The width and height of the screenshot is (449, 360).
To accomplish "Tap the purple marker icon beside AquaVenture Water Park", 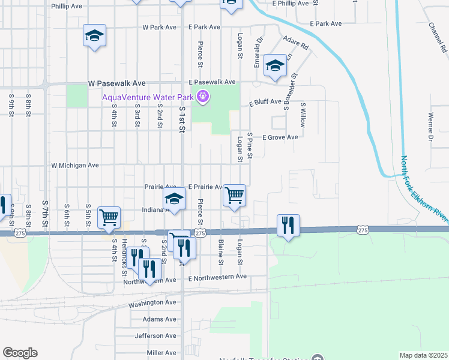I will pyautogui.click(x=203, y=96).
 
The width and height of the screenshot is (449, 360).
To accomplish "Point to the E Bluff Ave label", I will pyautogui.click(x=265, y=102).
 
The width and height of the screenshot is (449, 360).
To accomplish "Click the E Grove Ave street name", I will pyautogui.click(x=280, y=137).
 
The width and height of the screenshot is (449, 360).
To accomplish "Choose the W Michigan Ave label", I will pyautogui.click(x=74, y=165).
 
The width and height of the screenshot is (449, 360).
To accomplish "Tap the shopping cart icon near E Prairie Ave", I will pyautogui.click(x=235, y=194).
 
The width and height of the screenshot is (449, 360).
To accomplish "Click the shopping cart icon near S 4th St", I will pyautogui.click(x=109, y=217).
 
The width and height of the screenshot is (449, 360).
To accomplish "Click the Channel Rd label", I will pyautogui.click(x=435, y=37).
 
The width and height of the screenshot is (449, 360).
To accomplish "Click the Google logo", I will pyautogui.click(x=20, y=353).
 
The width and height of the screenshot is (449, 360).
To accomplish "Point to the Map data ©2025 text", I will pyautogui.click(x=423, y=355).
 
